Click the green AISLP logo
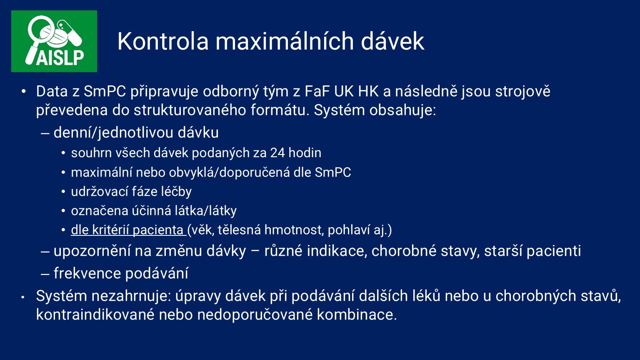54,41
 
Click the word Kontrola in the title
163,41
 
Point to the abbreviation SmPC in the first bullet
105,91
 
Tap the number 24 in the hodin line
277,153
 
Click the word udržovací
100,191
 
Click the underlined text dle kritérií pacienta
127,230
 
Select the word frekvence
87,273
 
